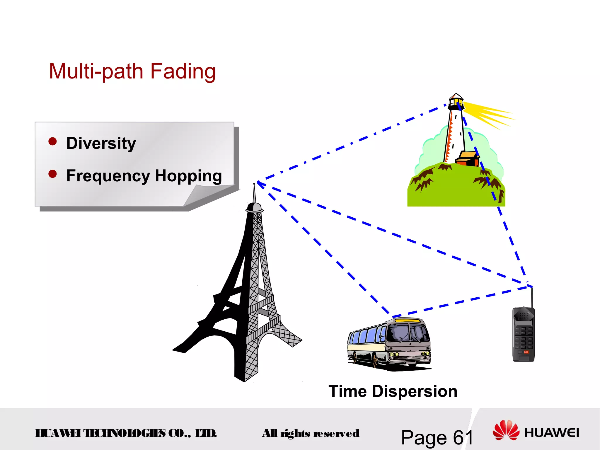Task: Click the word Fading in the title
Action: coord(183,71)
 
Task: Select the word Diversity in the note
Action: coord(101,143)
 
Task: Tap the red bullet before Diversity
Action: coord(52,142)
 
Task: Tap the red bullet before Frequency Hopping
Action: coord(52,174)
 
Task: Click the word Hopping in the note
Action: coord(188,176)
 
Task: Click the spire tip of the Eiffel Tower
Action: coord(254,185)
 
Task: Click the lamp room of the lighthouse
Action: coord(456,102)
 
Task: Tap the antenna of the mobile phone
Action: coord(532,297)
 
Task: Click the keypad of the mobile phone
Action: coord(523,337)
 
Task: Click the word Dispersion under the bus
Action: coord(414,391)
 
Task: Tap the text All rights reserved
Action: coord(311,433)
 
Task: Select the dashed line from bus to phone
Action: coord(463,302)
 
